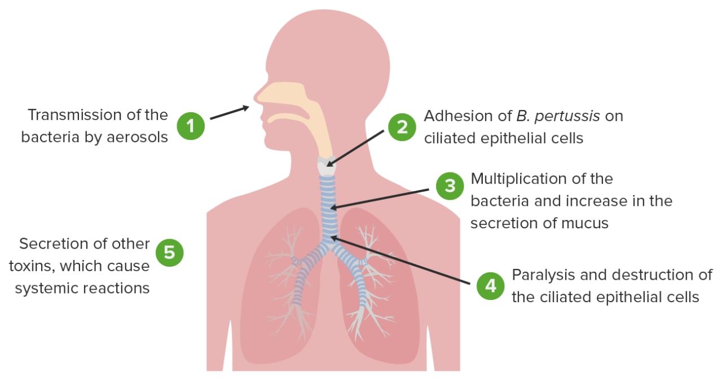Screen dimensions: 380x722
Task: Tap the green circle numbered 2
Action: pyautogui.click(x=402, y=127)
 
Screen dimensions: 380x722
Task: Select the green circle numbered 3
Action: pyautogui.click(x=450, y=185)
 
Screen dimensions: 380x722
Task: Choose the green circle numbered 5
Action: pyautogui.click(x=169, y=253)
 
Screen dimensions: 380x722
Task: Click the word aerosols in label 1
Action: pyautogui.click(x=138, y=137)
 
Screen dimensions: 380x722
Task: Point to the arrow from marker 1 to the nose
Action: pyautogui.click(x=229, y=112)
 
